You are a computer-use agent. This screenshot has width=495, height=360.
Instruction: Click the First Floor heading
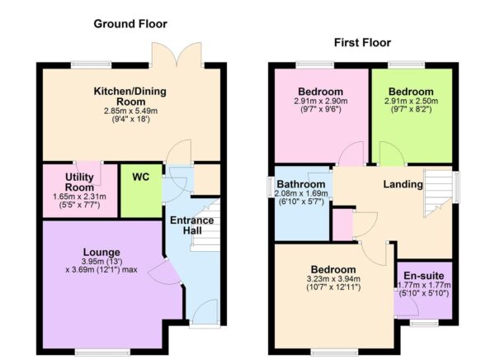(x=362, y=42)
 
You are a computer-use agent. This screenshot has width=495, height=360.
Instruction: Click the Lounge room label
(x=102, y=252)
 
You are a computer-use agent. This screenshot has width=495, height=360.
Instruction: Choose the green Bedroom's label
(x=411, y=91)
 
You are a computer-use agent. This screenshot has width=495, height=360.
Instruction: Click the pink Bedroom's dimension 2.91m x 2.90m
(x=322, y=102)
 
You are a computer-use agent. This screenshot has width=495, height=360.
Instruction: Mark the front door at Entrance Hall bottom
(x=204, y=312)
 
